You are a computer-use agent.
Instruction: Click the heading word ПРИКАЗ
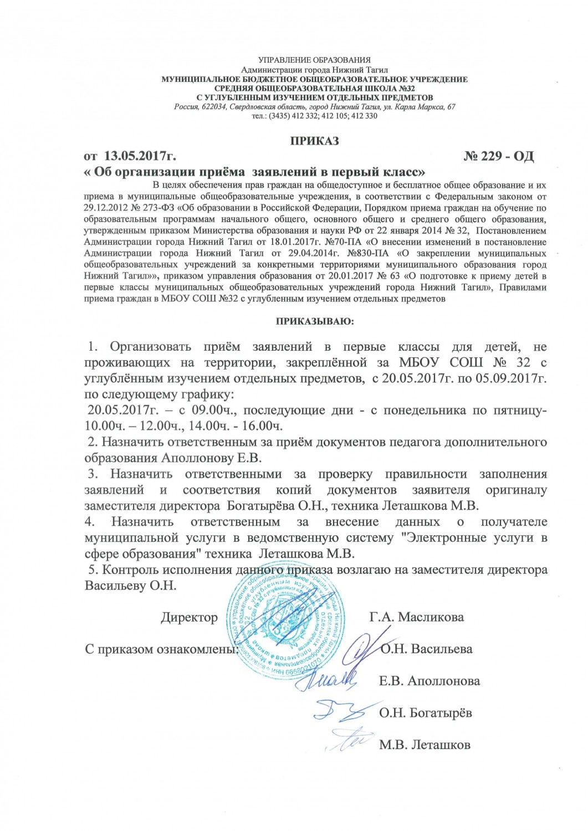pos(314,141)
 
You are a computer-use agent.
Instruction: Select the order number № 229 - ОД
pos(498,156)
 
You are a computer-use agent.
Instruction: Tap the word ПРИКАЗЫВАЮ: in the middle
pos(314,321)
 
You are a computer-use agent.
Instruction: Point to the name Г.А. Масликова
pos(416,617)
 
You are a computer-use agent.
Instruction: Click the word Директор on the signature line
pos(189,617)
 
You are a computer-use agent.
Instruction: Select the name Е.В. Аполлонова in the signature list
pos(429,681)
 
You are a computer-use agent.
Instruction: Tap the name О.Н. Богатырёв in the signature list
pos(425,713)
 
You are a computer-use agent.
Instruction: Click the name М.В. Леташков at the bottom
pos(425,745)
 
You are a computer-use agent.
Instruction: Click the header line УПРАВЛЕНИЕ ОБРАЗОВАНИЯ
pos(314,60)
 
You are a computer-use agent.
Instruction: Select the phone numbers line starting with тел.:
pos(314,116)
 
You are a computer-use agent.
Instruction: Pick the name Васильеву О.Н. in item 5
pos(130,586)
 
